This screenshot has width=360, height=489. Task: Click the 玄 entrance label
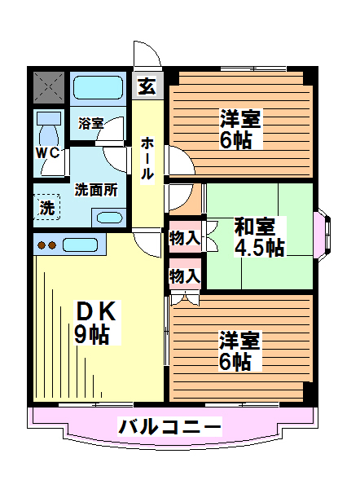click(147, 86)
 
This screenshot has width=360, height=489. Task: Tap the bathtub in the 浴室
click(98, 87)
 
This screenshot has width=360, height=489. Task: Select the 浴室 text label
click(90, 124)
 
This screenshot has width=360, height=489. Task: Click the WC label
click(47, 153)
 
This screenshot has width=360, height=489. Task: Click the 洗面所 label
click(96, 190)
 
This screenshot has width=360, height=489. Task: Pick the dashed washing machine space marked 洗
click(46, 207)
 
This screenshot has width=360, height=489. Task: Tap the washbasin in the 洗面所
click(109, 218)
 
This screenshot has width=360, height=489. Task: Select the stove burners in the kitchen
click(47, 245)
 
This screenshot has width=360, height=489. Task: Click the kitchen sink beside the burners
click(80, 244)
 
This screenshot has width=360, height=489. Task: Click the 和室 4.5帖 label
click(259, 236)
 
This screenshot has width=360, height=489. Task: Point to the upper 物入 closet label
click(185, 239)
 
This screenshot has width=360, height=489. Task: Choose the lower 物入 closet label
click(185, 275)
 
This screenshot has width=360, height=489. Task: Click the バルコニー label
click(169, 426)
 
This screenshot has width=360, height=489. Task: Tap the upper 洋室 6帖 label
click(240, 129)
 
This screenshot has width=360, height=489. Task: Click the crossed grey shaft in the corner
click(49, 87)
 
